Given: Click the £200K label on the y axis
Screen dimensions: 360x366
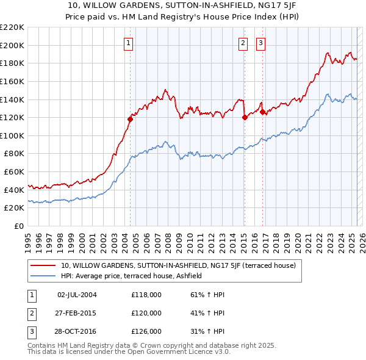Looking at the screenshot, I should point(12,45).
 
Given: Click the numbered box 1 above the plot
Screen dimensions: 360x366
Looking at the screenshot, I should point(129,43).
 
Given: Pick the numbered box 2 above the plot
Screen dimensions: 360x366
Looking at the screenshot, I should point(243,43).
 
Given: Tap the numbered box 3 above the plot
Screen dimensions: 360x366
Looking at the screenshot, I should point(260,43).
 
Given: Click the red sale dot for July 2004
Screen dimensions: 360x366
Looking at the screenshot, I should point(130,119).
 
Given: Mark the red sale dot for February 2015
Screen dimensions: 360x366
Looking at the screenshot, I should point(245,117).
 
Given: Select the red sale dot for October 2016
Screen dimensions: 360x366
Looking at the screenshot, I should point(262,112).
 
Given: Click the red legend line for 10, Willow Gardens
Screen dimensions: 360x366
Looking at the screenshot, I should point(43,265).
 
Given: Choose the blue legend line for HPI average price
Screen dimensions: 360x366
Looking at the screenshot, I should point(43,276).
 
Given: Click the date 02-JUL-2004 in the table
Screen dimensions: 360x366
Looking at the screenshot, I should point(77,295).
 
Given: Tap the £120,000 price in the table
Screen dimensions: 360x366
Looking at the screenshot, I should point(146,313).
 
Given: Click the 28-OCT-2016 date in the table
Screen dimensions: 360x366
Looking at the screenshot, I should point(77,331).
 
